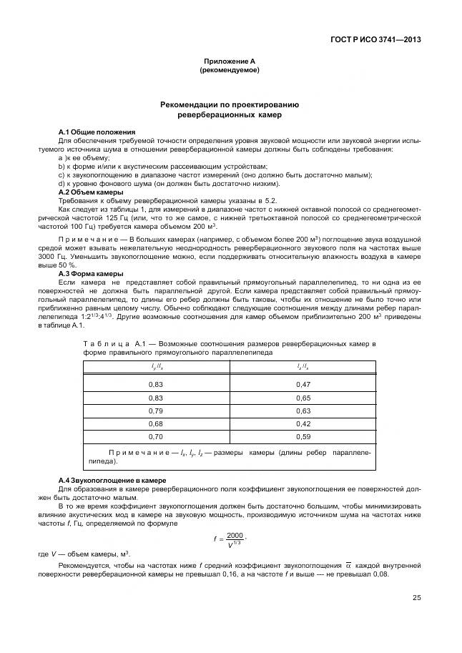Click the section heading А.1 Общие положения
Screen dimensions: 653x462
[x=97, y=132]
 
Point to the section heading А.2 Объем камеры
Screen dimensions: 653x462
[x=90, y=192]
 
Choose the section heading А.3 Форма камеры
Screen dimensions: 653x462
[x=90, y=274]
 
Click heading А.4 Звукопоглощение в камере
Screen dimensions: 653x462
[x=112, y=479]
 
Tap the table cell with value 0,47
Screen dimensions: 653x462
[x=303, y=384]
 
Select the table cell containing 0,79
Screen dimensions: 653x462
[x=155, y=411]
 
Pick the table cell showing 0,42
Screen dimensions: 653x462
[x=303, y=423]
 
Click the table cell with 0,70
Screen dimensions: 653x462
[x=155, y=436]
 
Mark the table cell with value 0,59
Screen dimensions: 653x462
[x=303, y=436]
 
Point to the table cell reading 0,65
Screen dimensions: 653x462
[x=303, y=397]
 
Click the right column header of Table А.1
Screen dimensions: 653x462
[x=303, y=366]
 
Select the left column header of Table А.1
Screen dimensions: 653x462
[x=155, y=366]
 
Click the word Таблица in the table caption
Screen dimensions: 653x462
[x=107, y=344]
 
